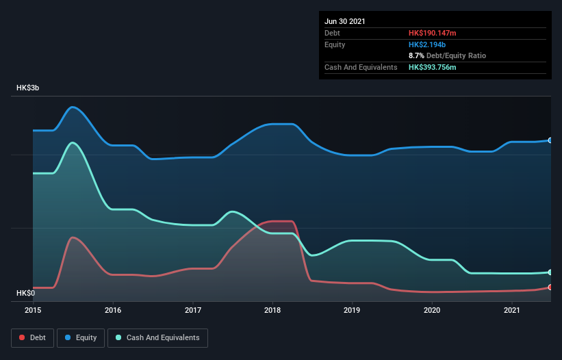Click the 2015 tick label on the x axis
[x=34, y=310]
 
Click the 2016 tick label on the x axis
[x=113, y=310]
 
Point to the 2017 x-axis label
[x=193, y=310]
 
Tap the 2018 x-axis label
[x=272, y=310]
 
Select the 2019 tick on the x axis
[x=353, y=310]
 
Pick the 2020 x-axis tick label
[x=432, y=310]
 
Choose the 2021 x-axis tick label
[x=512, y=310]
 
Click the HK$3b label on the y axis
[x=28, y=88]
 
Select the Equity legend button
[x=81, y=337]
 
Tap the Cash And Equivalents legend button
[x=157, y=337]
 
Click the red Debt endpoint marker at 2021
[x=550, y=287]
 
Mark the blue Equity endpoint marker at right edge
[x=550, y=140]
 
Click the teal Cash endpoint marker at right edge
[x=550, y=272]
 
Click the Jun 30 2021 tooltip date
[x=345, y=21]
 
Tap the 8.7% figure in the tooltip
[x=416, y=55]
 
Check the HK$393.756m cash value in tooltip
[x=437, y=67]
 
